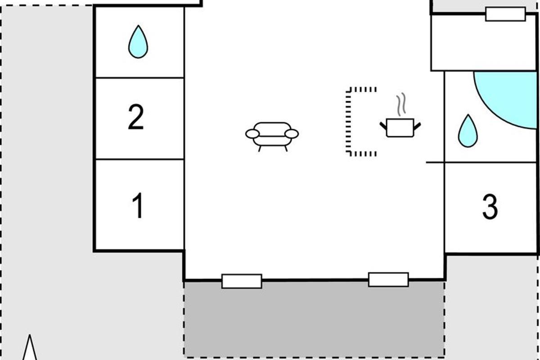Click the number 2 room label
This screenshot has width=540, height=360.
pos(136,117)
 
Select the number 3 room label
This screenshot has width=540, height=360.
pos(490,207)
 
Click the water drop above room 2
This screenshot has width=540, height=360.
pos(138,42)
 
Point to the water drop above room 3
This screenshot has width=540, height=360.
pos(468,131)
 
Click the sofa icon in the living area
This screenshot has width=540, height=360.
pos(272,137)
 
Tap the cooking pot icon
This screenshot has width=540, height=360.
pos(400,128)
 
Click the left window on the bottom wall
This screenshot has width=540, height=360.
pos(242,281)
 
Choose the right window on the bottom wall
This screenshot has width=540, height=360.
pos(388,280)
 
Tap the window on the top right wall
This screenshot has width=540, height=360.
pos(505,14)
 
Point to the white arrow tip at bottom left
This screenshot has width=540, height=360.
pos(30,335)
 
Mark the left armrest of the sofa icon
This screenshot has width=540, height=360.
pos(252,134)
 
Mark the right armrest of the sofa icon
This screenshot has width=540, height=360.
pos(292,134)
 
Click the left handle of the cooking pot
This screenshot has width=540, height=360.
pos(383,126)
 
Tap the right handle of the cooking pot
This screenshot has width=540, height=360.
pos(417,126)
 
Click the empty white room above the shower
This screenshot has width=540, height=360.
pos(483,43)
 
